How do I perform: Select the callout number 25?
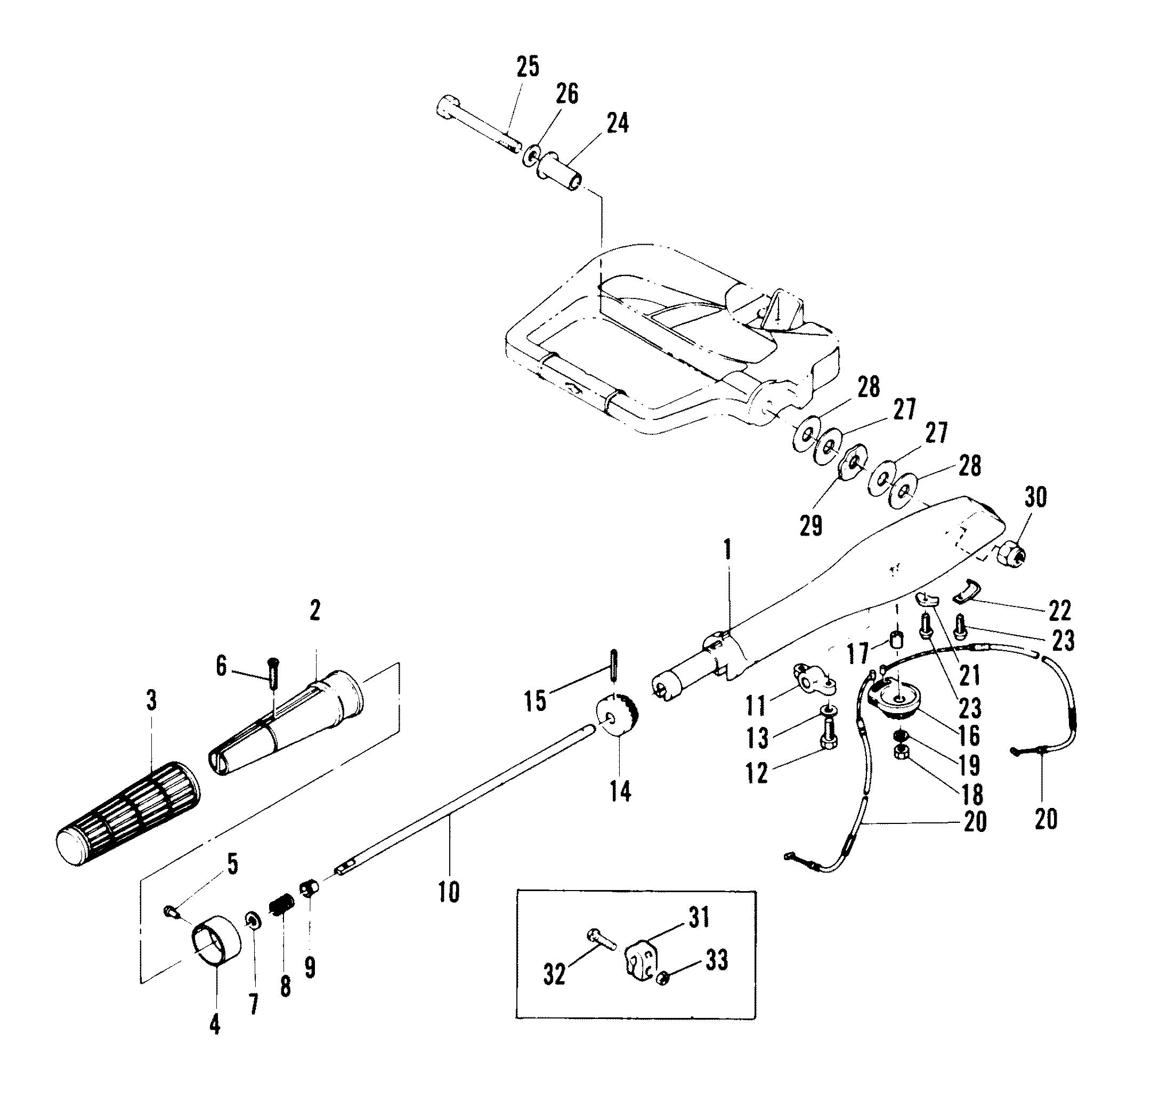[528, 67]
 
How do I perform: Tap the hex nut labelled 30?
[1012, 553]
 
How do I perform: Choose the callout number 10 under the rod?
[448, 892]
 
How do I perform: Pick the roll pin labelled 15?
[613, 665]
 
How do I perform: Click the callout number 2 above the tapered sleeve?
[315, 611]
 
